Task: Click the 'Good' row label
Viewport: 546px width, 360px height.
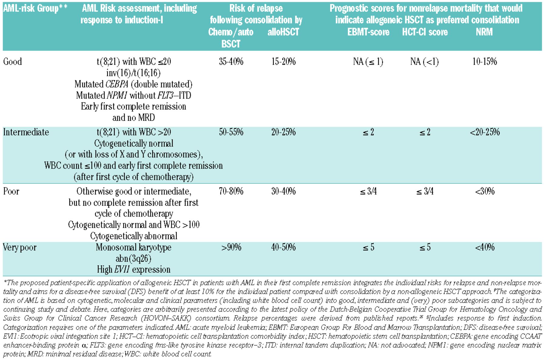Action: coord(12,62)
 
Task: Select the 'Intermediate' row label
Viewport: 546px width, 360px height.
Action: coord(26,132)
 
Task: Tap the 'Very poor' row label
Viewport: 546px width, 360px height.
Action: coord(20,247)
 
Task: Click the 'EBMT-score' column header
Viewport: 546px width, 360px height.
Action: coord(368,32)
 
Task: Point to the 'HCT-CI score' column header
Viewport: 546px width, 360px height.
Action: coord(425,32)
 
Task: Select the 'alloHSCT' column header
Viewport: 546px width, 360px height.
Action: coord(283,32)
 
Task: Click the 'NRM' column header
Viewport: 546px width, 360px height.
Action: coord(484,32)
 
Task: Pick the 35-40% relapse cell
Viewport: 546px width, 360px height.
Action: coord(231,62)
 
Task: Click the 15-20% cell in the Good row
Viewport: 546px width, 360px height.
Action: coord(283,62)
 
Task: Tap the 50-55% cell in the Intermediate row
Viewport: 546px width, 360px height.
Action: coord(231,132)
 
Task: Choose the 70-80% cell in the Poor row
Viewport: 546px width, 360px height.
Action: coord(231,191)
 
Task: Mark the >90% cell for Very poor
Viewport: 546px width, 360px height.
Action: coord(231,247)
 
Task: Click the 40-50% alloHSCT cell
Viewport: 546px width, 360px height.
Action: coord(283,247)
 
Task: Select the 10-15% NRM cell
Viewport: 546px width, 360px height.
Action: coord(484,62)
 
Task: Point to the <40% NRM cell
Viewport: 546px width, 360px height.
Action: coord(484,247)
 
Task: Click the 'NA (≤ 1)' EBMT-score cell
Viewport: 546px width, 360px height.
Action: coord(368,62)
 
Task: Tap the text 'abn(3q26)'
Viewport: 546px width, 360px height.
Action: coord(133,258)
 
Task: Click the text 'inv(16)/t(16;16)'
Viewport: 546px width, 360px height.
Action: coord(133,73)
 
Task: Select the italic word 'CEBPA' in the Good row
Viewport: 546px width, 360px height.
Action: coord(117,84)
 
